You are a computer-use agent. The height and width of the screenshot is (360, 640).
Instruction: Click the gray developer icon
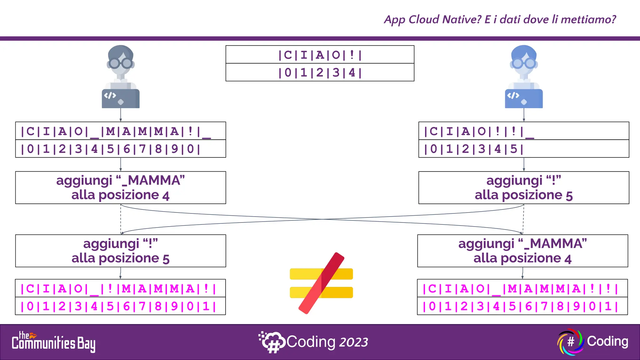(121, 77)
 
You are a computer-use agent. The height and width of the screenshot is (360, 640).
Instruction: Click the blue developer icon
(524, 77)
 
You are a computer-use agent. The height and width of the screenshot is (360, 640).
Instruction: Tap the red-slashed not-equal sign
(321, 283)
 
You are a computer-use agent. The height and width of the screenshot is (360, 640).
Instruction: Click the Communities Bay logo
(53, 342)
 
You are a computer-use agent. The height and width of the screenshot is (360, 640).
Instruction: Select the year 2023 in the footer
(354, 342)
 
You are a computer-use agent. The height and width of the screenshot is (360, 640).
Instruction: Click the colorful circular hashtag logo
(571, 342)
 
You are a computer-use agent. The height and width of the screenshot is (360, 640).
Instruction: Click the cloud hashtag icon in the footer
(272, 342)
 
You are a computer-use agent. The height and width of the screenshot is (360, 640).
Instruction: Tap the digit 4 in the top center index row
(352, 72)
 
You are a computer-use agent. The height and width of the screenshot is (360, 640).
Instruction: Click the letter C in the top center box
(288, 55)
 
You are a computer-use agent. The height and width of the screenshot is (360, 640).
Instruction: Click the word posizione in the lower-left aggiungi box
(129, 258)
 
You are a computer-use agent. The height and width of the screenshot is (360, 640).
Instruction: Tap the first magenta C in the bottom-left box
(30, 288)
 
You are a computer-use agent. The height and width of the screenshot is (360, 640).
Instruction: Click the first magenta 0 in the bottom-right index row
(432, 306)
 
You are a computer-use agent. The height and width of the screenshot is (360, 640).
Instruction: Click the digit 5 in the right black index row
(513, 149)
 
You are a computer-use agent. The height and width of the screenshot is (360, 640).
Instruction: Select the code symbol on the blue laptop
(513, 95)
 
